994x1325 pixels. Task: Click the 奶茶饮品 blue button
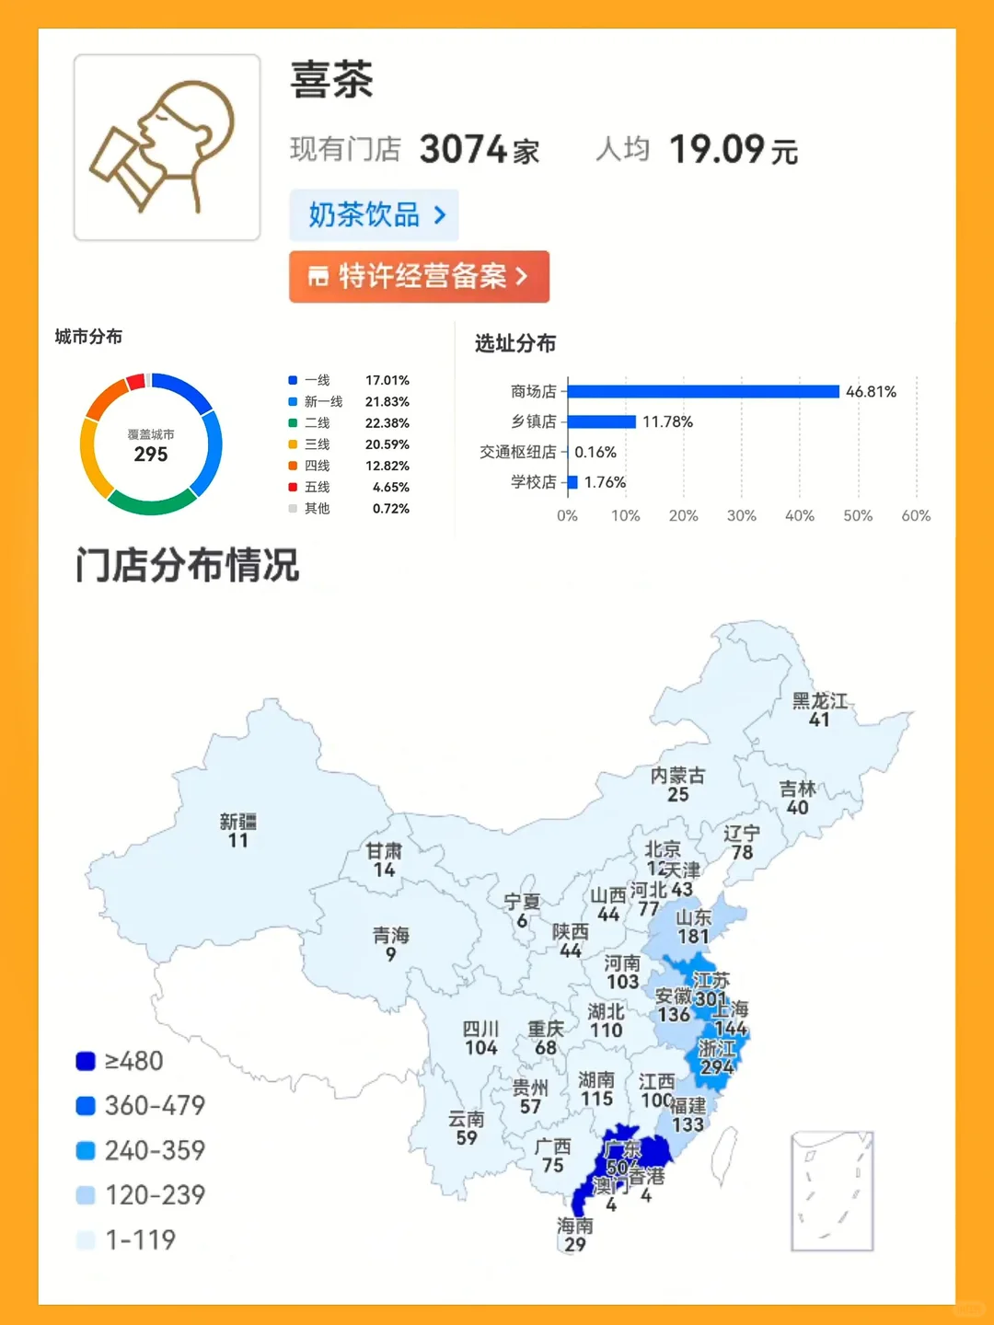pos(374,215)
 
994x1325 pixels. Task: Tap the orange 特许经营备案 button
pos(419,276)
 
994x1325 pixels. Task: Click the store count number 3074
pos(463,149)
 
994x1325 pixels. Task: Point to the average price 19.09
pos(717,149)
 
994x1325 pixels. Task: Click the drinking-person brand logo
pos(167,147)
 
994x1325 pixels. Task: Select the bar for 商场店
pos(703,391)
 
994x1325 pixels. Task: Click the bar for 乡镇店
pos(602,421)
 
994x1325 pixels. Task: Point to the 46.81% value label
pos(871,391)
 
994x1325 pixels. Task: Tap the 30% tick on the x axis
pos(741,516)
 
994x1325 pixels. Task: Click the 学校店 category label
pos(534,482)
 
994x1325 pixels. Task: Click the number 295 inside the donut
pos(151,455)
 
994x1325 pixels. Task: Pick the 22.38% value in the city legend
pos(387,423)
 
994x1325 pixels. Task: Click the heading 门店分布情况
pos(188,565)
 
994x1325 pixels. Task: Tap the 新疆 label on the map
pos(237,821)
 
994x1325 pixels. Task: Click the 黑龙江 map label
pos(820,701)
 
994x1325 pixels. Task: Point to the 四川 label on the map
pos(480,1029)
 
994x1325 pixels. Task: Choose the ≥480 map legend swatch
pos(86,1061)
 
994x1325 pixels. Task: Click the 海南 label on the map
pos(575,1226)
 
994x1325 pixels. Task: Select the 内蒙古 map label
pos(677,776)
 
